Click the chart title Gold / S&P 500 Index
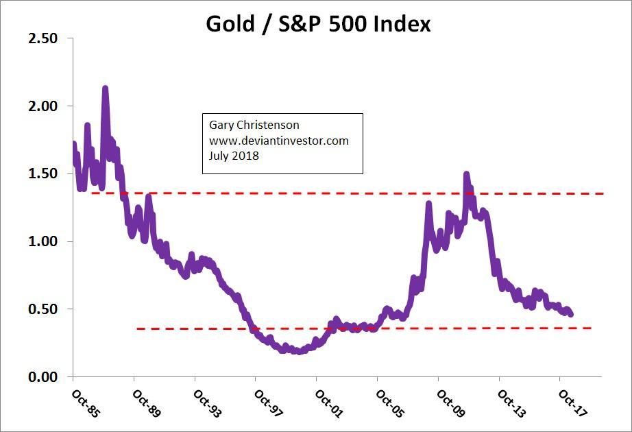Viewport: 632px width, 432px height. coord(318,23)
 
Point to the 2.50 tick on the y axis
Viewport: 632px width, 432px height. coord(42,39)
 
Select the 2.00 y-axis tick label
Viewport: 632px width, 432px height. coord(42,106)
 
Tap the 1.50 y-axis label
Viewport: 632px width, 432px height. coord(42,174)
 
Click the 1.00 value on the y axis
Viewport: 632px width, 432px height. coord(42,241)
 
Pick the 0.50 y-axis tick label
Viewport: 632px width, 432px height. coord(42,309)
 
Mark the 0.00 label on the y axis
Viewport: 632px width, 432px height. coord(42,376)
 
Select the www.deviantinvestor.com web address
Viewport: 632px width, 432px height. coord(279,141)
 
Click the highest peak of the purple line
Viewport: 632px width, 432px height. coord(105,88)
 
